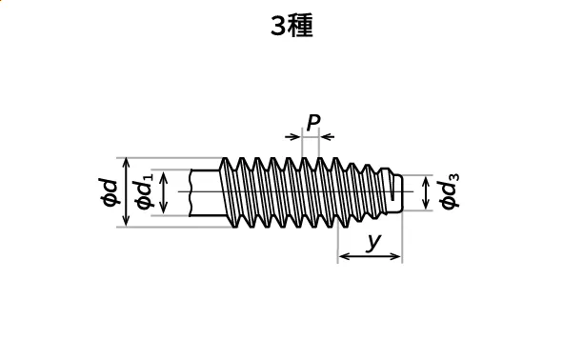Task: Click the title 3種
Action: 291,26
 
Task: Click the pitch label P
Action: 313,122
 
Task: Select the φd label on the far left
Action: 110,192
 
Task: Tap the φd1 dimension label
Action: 144,190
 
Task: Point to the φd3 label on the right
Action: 449,191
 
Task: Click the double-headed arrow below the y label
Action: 370,256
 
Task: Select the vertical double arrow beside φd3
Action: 426,192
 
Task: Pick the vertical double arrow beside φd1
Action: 163,192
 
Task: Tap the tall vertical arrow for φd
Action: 126,191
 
